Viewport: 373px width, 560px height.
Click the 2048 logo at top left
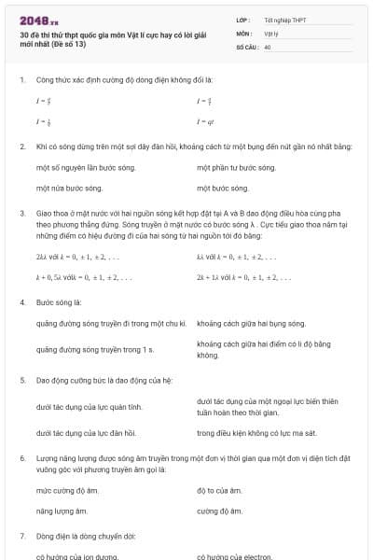pos(39,20)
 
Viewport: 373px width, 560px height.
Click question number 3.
pos(21,213)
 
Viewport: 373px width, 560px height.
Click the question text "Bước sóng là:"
pos(59,303)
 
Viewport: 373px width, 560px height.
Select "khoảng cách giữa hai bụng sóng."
pos(251,324)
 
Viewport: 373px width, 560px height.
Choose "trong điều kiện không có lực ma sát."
pos(258,433)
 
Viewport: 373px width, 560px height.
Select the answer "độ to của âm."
pos(219,490)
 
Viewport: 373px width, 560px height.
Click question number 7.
pos(21,537)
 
